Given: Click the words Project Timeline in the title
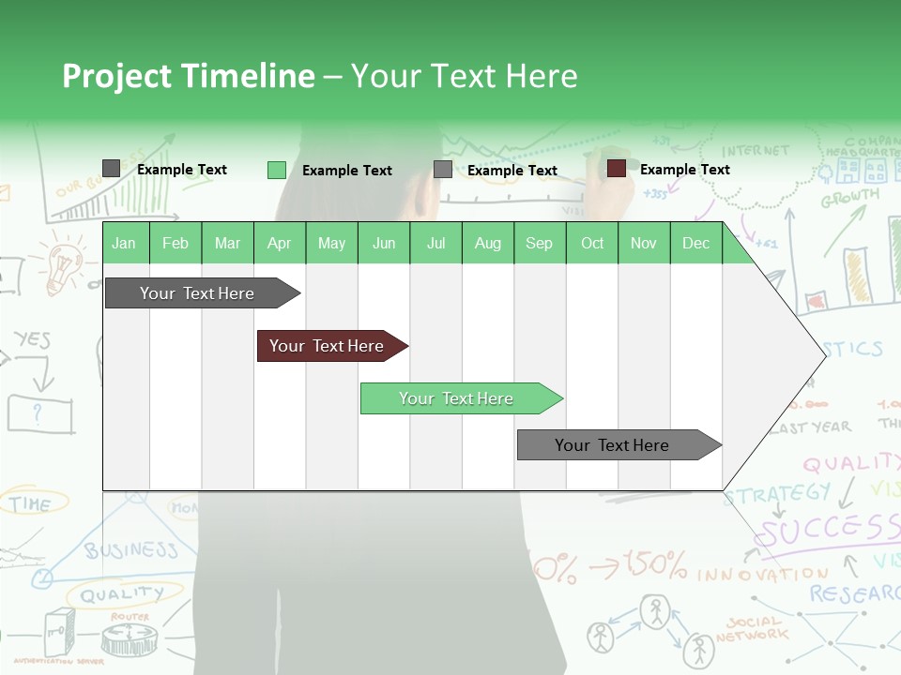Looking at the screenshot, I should pos(188,76).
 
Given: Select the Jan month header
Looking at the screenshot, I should pos(124,243).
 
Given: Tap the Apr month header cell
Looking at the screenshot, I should pos(279,243).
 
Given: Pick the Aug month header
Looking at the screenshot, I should pos(487,243).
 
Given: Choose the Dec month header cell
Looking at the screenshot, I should pos(695,243).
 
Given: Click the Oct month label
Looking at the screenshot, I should pos(592,243).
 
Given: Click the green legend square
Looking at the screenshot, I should pos(276,170).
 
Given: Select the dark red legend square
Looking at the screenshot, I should pos(616,169).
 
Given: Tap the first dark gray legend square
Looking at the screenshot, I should pos(111,169).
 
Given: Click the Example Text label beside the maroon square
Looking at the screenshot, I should pos(684,170).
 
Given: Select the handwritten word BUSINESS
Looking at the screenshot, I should pos(131,550).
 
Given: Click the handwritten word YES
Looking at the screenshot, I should pos(32,339).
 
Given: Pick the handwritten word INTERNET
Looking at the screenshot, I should pos(756,150).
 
